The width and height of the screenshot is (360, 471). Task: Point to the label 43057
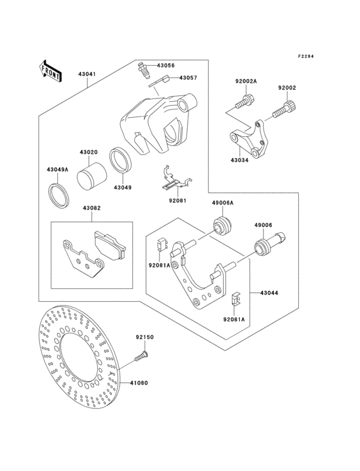188,78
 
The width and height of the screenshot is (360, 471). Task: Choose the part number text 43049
123,188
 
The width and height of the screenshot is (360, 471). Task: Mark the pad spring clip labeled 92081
172,180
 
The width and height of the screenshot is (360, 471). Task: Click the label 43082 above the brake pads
91,208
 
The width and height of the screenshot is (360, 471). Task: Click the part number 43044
269,293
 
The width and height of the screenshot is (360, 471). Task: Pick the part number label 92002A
246,82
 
